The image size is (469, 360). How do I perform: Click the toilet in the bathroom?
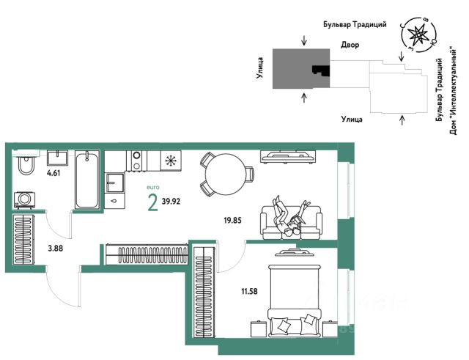pyautogui.click(x=26, y=164)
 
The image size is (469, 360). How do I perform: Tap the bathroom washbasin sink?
pyautogui.click(x=57, y=158)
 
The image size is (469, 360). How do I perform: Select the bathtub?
pyautogui.click(x=86, y=180)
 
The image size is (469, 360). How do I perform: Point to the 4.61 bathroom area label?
pyautogui.click(x=53, y=173)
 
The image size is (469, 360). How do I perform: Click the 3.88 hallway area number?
pyautogui.click(x=56, y=248)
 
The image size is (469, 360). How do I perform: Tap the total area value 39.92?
pyautogui.click(x=171, y=202)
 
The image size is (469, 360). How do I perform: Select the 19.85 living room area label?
pyautogui.click(x=233, y=221)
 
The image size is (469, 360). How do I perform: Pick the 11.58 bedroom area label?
pyautogui.click(x=249, y=291)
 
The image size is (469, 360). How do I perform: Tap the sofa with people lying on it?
pyautogui.click(x=292, y=222)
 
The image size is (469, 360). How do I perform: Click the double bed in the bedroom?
pyautogui.click(x=296, y=300)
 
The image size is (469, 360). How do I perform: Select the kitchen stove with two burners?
pyautogui.click(x=137, y=161)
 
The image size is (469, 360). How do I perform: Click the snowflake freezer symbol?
pyautogui.click(x=171, y=161)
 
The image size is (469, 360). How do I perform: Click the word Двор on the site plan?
pyautogui.click(x=350, y=45)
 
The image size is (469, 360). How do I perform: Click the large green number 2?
pyautogui.click(x=153, y=202)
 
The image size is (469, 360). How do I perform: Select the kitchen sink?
pyautogui.click(x=114, y=183)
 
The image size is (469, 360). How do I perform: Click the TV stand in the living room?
pyautogui.click(x=288, y=156)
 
